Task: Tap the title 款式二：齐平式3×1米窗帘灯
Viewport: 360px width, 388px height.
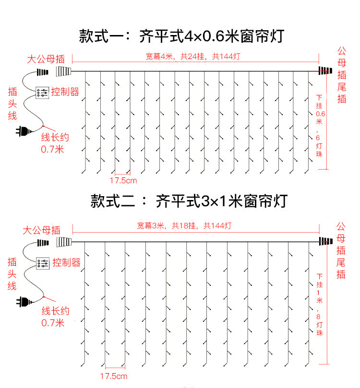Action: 189,200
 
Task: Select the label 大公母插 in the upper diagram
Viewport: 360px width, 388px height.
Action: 45,60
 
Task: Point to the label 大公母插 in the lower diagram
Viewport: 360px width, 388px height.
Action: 42,230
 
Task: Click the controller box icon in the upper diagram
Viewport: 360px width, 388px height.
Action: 42,92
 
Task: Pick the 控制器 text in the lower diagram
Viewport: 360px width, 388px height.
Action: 66,262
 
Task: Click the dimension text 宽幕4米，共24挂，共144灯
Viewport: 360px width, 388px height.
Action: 193,57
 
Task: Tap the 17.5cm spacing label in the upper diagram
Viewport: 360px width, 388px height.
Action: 123,181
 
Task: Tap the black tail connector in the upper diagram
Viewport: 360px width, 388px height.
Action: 324,71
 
